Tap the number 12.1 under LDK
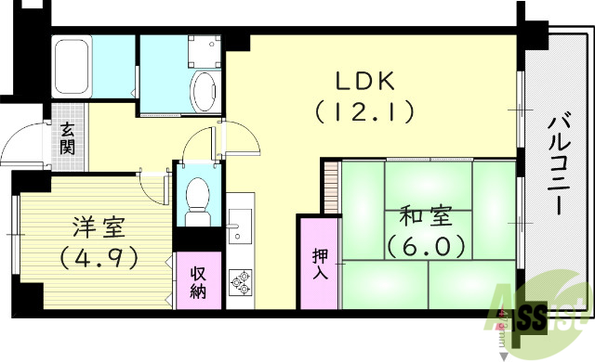(x=364, y=113)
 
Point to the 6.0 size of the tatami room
(x=427, y=248)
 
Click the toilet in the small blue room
(x=197, y=197)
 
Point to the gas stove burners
(x=241, y=281)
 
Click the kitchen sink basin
(x=239, y=224)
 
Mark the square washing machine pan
(x=205, y=52)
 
